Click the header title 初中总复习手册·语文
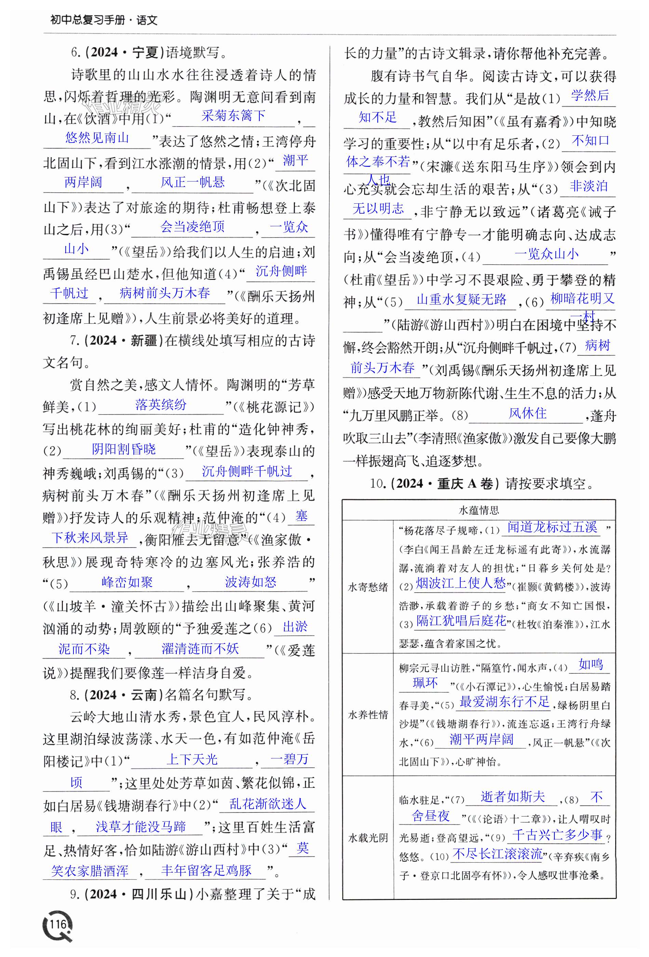point(104,20)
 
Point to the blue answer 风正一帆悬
point(192,182)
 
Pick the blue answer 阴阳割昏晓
point(123,449)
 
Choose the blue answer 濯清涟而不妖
point(200,649)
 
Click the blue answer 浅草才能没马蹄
point(141,826)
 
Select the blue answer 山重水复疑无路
point(461,299)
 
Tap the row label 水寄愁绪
point(368,587)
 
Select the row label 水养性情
point(368,715)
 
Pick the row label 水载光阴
point(368,838)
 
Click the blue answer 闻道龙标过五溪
point(552,527)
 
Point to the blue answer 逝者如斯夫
point(513,797)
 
